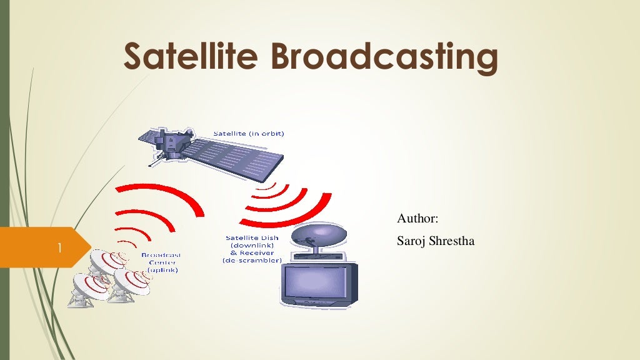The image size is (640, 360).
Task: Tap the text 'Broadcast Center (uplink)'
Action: click(162, 262)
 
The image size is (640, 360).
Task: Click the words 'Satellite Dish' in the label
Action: click(252, 238)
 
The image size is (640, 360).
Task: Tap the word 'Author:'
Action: click(418, 218)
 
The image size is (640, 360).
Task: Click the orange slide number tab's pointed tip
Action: click(89, 247)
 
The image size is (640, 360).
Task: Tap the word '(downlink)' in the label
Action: click(252, 246)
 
